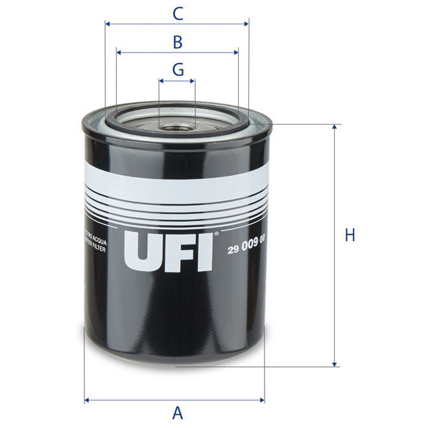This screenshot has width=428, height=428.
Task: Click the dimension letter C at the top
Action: [x=177, y=12]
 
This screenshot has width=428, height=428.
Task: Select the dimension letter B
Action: [x=177, y=42]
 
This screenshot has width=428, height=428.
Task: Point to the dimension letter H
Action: [x=350, y=235]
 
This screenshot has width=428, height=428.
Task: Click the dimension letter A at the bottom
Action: [x=176, y=412]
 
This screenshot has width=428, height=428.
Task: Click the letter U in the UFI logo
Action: [x=142, y=251]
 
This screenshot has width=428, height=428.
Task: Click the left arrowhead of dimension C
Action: [x=108, y=25]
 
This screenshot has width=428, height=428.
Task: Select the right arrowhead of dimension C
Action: [x=246, y=25]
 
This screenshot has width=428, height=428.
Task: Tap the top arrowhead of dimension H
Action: [x=335, y=128]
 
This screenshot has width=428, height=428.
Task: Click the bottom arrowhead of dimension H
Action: [x=335, y=363]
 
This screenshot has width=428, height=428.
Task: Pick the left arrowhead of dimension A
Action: [x=88, y=399]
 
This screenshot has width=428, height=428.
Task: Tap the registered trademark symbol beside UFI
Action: [x=217, y=232]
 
